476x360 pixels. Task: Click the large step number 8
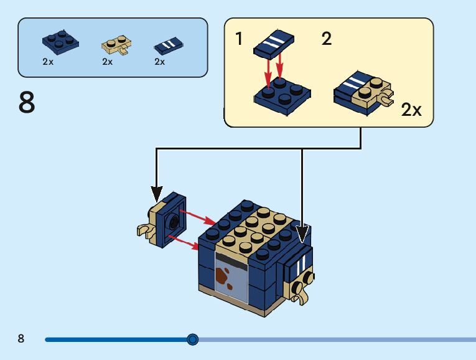coord(27,103)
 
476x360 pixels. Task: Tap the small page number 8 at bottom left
coord(21,339)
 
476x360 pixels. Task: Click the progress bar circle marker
coord(193,339)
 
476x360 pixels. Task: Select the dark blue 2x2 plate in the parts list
coord(60,41)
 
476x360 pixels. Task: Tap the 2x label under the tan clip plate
coord(108,62)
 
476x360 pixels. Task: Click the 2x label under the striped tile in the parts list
coord(160,62)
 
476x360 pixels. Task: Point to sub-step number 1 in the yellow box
coord(240,39)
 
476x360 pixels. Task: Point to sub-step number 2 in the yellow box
coord(327,39)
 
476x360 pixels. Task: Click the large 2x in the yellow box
coord(411,110)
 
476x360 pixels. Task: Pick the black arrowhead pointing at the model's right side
coord(302,234)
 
